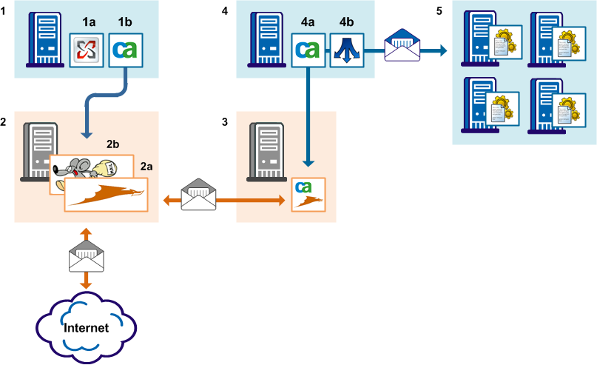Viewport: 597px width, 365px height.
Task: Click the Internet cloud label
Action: [86, 327]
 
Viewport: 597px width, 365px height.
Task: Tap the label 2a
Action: [146, 168]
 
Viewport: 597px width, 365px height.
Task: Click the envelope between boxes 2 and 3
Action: [199, 194]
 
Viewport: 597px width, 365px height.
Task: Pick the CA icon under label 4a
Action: [307, 50]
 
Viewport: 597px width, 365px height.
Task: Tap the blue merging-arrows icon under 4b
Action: [345, 50]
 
